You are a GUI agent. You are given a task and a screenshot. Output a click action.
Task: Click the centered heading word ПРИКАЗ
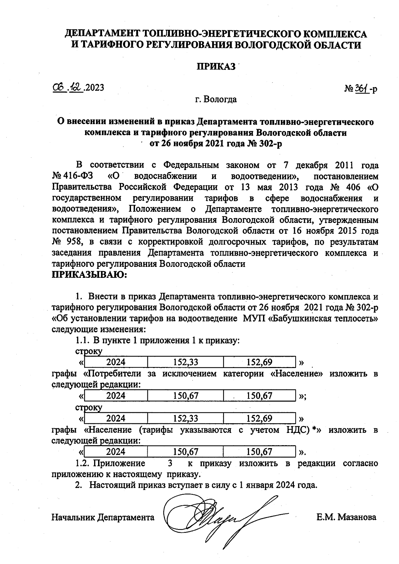click(x=216, y=67)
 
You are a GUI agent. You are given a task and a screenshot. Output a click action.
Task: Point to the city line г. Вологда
click(x=216, y=99)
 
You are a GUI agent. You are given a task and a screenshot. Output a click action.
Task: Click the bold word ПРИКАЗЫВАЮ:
click(x=89, y=275)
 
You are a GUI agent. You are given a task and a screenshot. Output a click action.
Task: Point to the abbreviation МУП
click(x=254, y=318)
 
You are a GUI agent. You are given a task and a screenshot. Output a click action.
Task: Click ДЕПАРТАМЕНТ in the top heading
click(x=102, y=34)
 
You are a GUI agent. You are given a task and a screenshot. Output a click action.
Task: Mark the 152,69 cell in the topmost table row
click(x=259, y=362)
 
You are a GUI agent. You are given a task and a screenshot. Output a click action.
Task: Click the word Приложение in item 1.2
click(x=119, y=463)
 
